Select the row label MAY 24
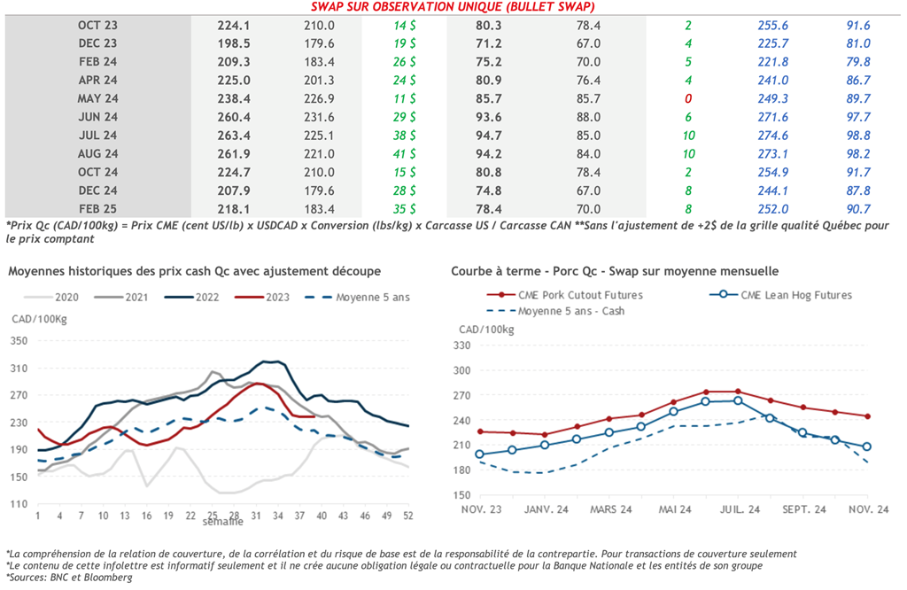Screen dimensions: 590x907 pyautogui.click(x=97, y=98)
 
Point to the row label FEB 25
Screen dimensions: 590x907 pyautogui.click(x=97, y=209)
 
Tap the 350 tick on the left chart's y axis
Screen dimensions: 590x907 pyautogui.click(x=19, y=340)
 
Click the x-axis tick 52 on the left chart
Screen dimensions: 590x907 pyautogui.click(x=408, y=516)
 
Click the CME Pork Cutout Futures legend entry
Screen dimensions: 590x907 pyautogui.click(x=568, y=294)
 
